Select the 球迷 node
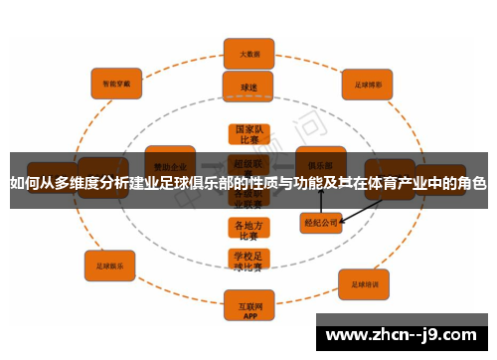(248, 87)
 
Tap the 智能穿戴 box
(116, 83)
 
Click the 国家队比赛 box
(248, 135)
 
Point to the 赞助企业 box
(170, 159)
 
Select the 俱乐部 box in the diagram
(320, 159)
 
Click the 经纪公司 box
(320, 224)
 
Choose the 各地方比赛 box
(248, 230)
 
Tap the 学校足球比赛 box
(248, 260)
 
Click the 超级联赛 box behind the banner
(248, 163)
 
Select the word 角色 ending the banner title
(472, 183)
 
